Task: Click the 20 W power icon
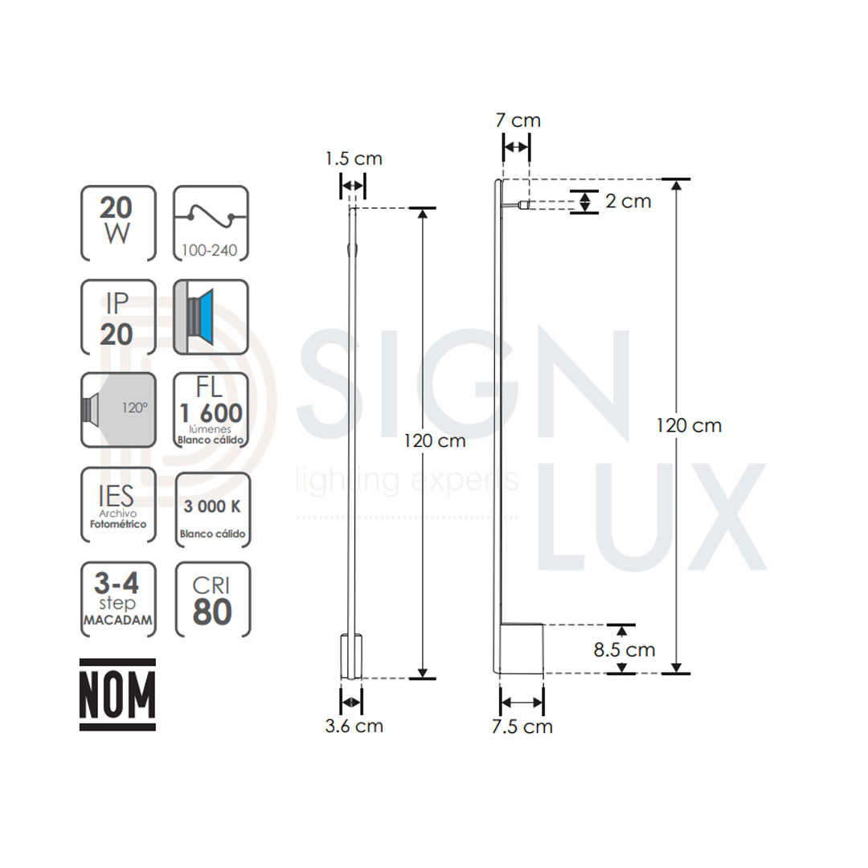[x=118, y=223]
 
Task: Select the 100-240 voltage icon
[x=211, y=223]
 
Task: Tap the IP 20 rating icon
[x=118, y=317]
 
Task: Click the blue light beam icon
[x=211, y=317]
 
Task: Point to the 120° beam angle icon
[x=118, y=410]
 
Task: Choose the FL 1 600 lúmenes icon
[x=211, y=410]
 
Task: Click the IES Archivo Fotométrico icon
[x=118, y=505]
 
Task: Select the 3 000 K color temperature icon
[x=212, y=510]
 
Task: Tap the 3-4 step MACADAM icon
[x=118, y=600]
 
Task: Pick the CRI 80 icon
[x=212, y=600]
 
